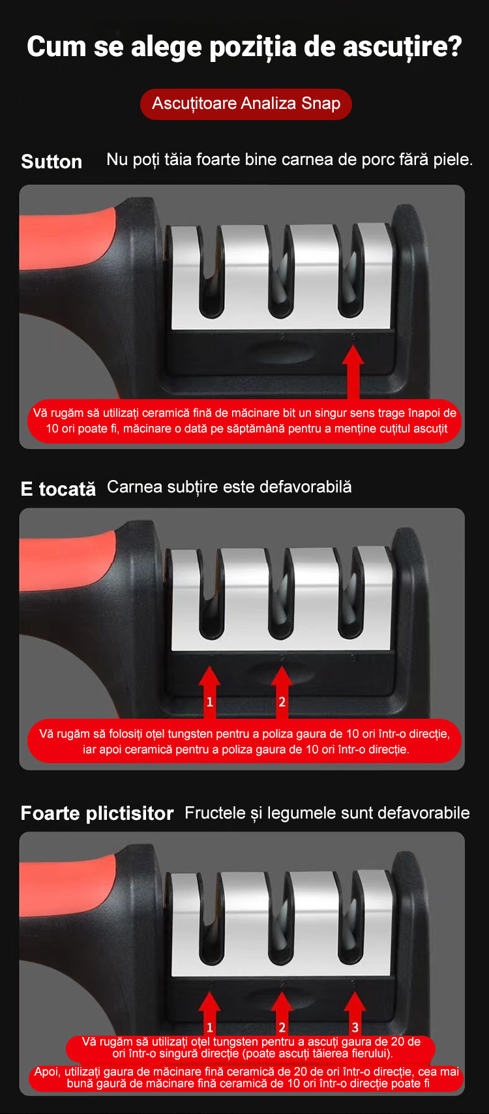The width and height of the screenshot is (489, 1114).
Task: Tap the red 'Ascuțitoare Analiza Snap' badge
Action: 246,104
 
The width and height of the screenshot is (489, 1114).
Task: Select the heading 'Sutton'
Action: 52,162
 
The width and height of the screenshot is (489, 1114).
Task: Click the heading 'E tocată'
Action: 58,489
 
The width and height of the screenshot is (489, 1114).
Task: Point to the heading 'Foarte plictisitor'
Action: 97,813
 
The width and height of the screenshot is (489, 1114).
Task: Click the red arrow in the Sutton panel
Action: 353,372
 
